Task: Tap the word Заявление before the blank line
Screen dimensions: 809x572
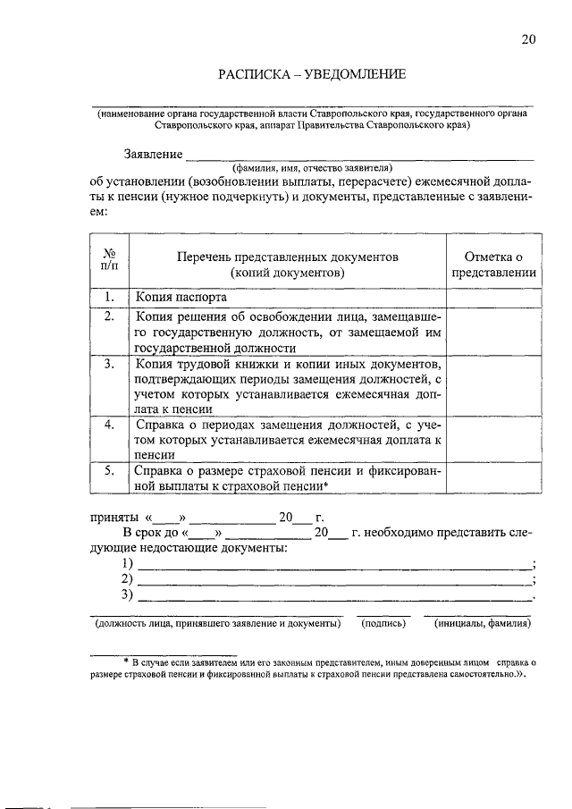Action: coord(154,155)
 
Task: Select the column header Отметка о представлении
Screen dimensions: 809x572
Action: coord(493,265)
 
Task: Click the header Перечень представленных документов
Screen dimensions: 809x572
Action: coord(287,265)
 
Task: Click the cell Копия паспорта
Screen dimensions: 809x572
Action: coord(173,297)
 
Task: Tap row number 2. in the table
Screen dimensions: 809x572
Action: coord(109,316)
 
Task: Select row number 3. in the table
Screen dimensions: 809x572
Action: coord(109,365)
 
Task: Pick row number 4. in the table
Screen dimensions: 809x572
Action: coord(109,425)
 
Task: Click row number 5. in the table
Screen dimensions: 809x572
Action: coord(109,468)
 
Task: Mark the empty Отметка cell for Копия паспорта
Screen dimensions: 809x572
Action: coord(493,297)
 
